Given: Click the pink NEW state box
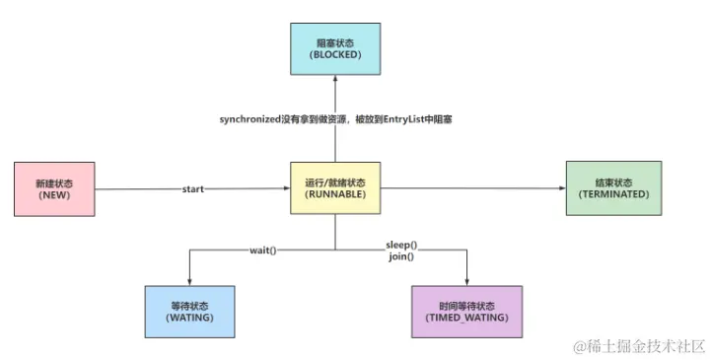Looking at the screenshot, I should [55, 189].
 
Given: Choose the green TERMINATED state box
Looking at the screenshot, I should [612, 189].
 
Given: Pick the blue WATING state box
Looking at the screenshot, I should [188, 313].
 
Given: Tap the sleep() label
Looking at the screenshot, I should [401, 245].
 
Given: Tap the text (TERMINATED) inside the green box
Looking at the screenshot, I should [612, 195].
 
